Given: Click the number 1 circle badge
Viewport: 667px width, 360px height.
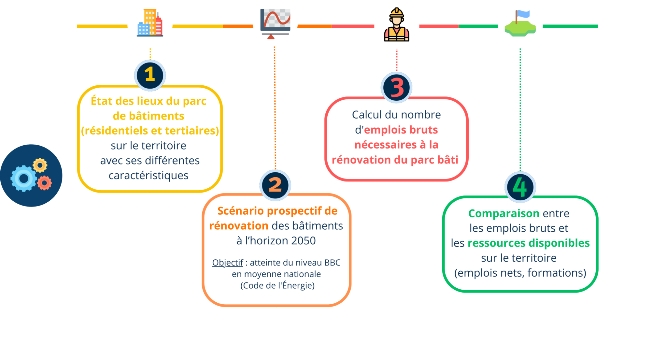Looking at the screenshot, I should [150, 75].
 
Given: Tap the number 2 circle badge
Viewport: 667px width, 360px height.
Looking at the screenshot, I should [275, 185].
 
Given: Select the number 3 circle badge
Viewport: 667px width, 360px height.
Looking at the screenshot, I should [396, 88].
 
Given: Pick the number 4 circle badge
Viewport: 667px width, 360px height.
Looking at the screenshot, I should [520, 187].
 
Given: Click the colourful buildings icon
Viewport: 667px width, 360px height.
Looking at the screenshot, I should [150, 23].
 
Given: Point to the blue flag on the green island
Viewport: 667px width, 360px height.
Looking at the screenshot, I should [523, 14].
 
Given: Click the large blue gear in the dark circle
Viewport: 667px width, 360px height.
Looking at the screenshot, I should [23, 178].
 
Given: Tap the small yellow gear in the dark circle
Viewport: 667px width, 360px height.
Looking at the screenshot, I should [40, 165].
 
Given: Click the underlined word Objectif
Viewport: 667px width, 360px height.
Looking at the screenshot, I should [227, 263].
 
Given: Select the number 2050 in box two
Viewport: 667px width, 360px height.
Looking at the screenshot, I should [303, 241].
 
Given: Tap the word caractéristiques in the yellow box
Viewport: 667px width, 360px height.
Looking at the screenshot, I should [149, 176].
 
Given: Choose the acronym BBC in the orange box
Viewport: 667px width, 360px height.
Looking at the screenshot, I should [332, 263].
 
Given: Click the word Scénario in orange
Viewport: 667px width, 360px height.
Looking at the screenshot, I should [241, 211].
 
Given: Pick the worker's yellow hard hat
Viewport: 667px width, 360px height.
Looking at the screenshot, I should [397, 13].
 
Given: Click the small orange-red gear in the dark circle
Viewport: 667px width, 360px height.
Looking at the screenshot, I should [45, 183].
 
